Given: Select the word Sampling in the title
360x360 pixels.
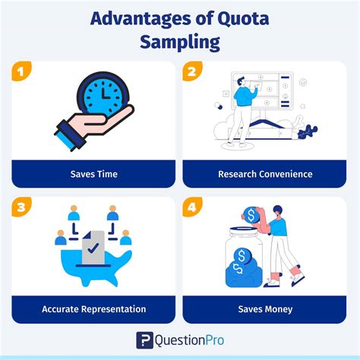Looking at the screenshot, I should (x=180, y=41).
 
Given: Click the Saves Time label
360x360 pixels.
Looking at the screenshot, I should (x=93, y=174).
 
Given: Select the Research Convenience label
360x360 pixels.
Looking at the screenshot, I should (x=265, y=174).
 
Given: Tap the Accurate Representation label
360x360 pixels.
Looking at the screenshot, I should (x=93, y=309).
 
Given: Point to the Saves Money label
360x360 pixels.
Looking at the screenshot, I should (x=265, y=309).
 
